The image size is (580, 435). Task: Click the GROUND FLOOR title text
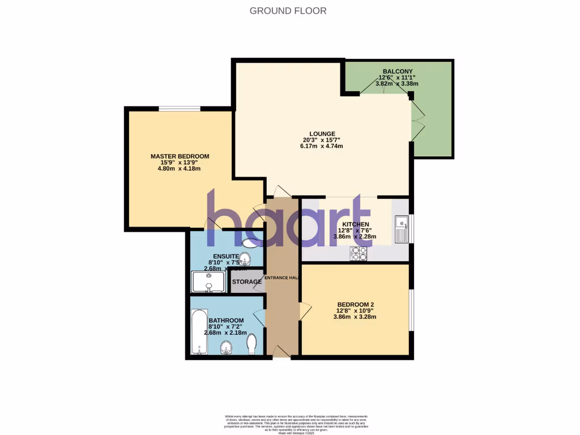[288, 11]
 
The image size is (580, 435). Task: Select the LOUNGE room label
[321, 134]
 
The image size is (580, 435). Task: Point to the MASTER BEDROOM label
[180, 156]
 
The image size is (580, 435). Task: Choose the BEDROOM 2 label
[355, 304]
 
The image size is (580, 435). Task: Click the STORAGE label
[246, 282]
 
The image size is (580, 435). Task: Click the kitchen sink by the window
[402, 229]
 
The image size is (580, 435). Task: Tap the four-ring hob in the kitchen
[359, 253]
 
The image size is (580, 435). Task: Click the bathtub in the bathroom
[199, 331]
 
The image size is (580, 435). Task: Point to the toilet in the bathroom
[253, 343]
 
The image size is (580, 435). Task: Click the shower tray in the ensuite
[209, 282]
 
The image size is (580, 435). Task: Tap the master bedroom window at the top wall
[179, 109]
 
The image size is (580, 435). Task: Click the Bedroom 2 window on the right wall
[411, 310]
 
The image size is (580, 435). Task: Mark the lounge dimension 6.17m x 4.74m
[321, 146]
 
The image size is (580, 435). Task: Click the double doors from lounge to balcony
[417, 121]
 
